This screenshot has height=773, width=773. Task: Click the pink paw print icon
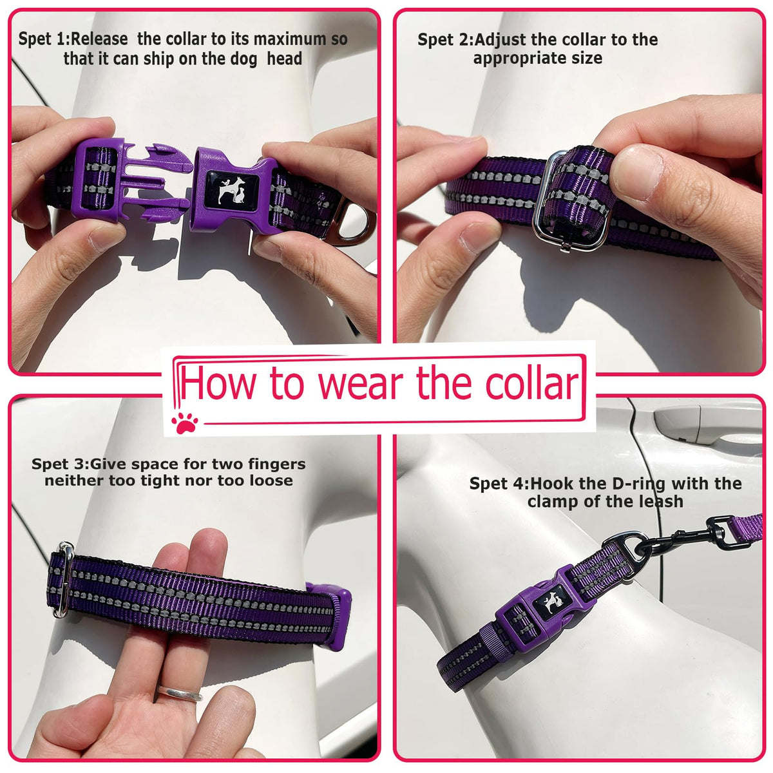coord(184,423)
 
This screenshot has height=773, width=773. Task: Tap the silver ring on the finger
coord(179,692)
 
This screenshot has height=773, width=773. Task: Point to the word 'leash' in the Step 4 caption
coord(659,501)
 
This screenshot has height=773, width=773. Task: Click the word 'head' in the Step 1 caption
coord(285,59)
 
